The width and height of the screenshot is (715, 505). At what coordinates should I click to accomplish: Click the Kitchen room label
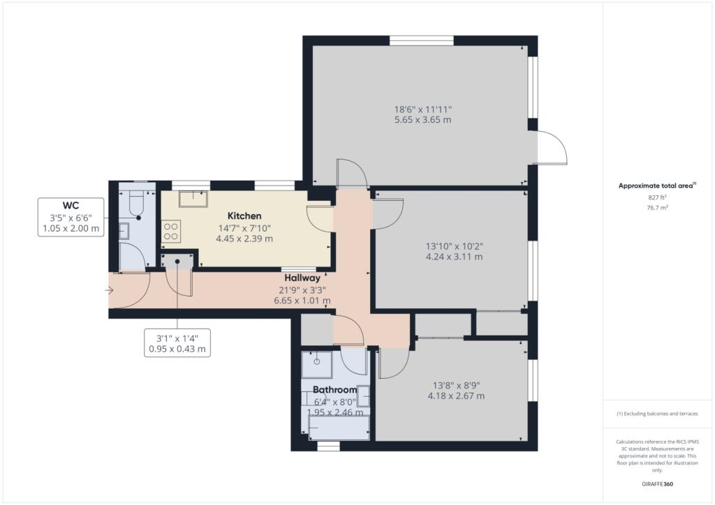pyautogui.click(x=244, y=216)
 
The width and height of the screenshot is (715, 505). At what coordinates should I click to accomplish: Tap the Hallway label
pyautogui.click(x=302, y=278)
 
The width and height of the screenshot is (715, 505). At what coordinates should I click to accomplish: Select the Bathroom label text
pyautogui.click(x=334, y=390)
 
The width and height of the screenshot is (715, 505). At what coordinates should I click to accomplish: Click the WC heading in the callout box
pyautogui.click(x=71, y=206)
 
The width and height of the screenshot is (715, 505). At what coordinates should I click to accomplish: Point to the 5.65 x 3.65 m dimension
pyautogui.click(x=422, y=120)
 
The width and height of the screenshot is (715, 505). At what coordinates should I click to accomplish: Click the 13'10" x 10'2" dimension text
pyautogui.click(x=454, y=246)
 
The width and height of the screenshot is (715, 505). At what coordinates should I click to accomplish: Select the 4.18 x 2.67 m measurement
pyautogui.click(x=456, y=396)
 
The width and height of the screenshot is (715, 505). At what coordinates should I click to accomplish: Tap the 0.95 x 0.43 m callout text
pyautogui.click(x=177, y=349)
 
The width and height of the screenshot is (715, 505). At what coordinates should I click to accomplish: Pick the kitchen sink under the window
pyautogui.click(x=193, y=199)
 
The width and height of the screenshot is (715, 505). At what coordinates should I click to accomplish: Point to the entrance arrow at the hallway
pyautogui.click(x=110, y=290)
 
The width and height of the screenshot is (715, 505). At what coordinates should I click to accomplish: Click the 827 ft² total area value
pyautogui.click(x=658, y=197)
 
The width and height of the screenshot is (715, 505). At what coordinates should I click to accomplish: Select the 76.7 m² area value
pyautogui.click(x=658, y=208)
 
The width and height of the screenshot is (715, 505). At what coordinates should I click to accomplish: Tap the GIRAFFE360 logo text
pyautogui.click(x=657, y=484)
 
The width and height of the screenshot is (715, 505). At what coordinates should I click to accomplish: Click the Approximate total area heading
pyautogui.click(x=657, y=186)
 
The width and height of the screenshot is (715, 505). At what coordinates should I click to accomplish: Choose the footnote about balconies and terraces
pyautogui.click(x=657, y=414)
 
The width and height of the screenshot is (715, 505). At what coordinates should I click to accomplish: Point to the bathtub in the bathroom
pyautogui.click(x=339, y=428)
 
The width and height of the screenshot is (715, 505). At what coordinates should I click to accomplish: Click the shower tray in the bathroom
pyautogui.click(x=316, y=364)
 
